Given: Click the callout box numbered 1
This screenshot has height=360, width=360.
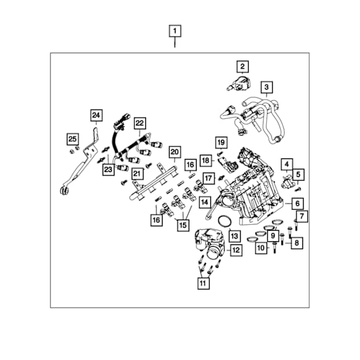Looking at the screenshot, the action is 175,31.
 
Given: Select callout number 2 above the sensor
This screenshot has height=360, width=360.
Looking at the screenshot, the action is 242,67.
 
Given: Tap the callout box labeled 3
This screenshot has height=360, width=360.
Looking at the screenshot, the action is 267,87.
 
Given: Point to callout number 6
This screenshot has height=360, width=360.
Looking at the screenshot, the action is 298,204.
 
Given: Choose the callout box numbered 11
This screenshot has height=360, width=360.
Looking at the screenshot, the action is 204,283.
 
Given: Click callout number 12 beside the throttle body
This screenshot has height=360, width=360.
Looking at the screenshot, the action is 236,251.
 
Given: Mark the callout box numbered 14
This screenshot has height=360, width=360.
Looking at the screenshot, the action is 205,202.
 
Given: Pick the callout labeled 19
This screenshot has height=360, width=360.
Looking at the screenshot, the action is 221,142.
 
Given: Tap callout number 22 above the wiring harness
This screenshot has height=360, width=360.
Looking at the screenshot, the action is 140,123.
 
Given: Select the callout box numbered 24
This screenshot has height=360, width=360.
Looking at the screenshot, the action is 96,115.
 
